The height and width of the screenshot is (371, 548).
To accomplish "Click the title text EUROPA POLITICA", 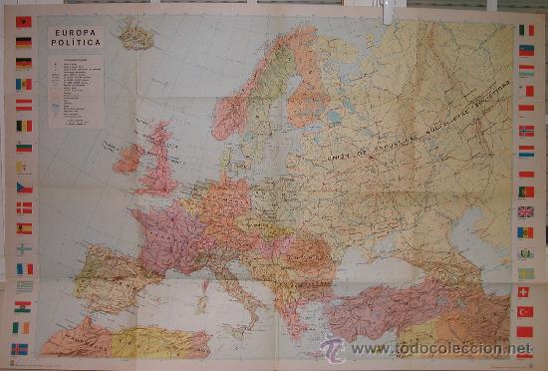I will tap(76, 39).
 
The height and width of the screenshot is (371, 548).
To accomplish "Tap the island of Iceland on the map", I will tap(136, 38).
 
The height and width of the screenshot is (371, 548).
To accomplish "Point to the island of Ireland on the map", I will tap(129, 158).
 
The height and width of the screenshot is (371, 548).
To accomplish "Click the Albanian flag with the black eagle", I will tap(23, 22).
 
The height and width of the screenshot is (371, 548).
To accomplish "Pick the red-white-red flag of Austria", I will tap(23, 105).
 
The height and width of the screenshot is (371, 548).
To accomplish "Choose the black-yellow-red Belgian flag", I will tap(23, 126).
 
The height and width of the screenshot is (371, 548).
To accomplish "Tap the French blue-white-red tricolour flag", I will tap(23, 268).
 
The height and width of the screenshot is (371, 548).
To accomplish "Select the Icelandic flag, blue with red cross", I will tap(22, 349).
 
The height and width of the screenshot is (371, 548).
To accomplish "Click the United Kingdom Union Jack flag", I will tap(525, 211).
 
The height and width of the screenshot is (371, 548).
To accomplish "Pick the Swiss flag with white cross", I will tap(525, 291).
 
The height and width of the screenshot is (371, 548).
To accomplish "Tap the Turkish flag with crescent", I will tap(525, 311).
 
